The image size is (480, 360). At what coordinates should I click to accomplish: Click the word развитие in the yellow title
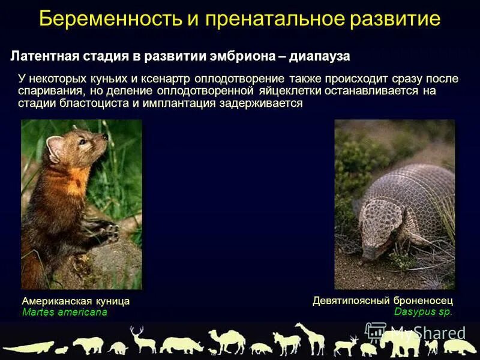pyautogui.click(x=391, y=19)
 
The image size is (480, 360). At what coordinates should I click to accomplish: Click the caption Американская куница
pyautogui.click(x=76, y=301)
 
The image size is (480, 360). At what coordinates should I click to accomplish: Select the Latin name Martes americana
pyautogui.click(x=64, y=312)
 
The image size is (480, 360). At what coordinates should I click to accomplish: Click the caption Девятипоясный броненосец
pyautogui.click(x=382, y=301)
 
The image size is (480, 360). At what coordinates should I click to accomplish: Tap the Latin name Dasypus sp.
pyautogui.click(x=423, y=311)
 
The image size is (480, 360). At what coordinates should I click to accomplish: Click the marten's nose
pyautogui.click(x=106, y=137)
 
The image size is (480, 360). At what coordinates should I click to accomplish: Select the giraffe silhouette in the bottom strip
pyautogui.click(x=308, y=337)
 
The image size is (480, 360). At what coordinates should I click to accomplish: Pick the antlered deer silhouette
pyautogui.click(x=143, y=340)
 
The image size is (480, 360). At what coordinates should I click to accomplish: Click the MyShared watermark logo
pyautogui.click(x=415, y=334)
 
